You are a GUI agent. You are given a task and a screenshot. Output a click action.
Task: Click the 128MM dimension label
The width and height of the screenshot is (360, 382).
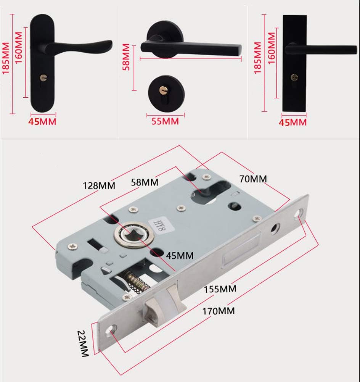(x=99, y=186)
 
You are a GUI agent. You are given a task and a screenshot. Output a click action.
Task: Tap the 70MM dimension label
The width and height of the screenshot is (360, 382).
(x=253, y=178)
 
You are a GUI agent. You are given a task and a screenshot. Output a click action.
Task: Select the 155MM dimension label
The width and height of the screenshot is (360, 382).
(x=219, y=289)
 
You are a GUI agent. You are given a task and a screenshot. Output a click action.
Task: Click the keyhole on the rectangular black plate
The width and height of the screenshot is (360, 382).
(x=294, y=77)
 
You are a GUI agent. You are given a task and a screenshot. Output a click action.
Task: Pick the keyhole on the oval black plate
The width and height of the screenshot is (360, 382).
(x=43, y=78)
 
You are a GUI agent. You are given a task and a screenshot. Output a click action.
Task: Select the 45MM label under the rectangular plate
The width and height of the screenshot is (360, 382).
(x=293, y=122)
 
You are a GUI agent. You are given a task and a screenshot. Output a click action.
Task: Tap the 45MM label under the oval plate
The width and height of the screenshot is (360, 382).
(x=43, y=122)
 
